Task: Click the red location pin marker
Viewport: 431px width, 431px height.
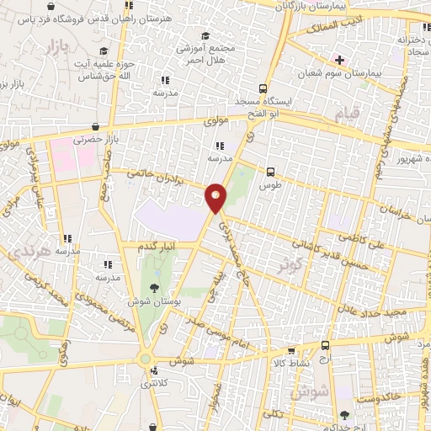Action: pyautogui.click(x=216, y=197)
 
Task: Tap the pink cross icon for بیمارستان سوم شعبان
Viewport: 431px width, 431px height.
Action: pyautogui.click(x=339, y=60)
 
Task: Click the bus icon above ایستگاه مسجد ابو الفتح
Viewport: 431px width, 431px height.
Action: pyautogui.click(x=264, y=88)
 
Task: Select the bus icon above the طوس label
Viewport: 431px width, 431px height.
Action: pyautogui.click(x=269, y=168)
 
